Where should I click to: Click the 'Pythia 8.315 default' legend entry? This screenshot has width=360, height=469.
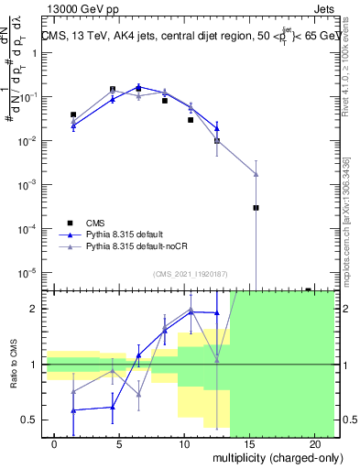pos(129,235)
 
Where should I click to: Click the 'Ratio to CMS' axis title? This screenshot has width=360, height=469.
pos(14,365)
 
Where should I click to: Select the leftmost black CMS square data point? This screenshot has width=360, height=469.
pos(73,115)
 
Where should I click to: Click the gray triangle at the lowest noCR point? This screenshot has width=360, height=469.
pos(256,174)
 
